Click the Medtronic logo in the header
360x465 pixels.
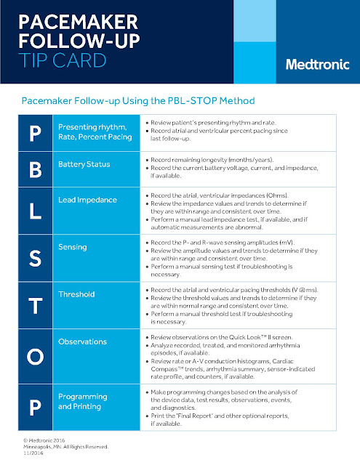[313, 64]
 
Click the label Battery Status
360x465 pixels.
[84, 164]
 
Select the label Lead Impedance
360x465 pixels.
[88, 198]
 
